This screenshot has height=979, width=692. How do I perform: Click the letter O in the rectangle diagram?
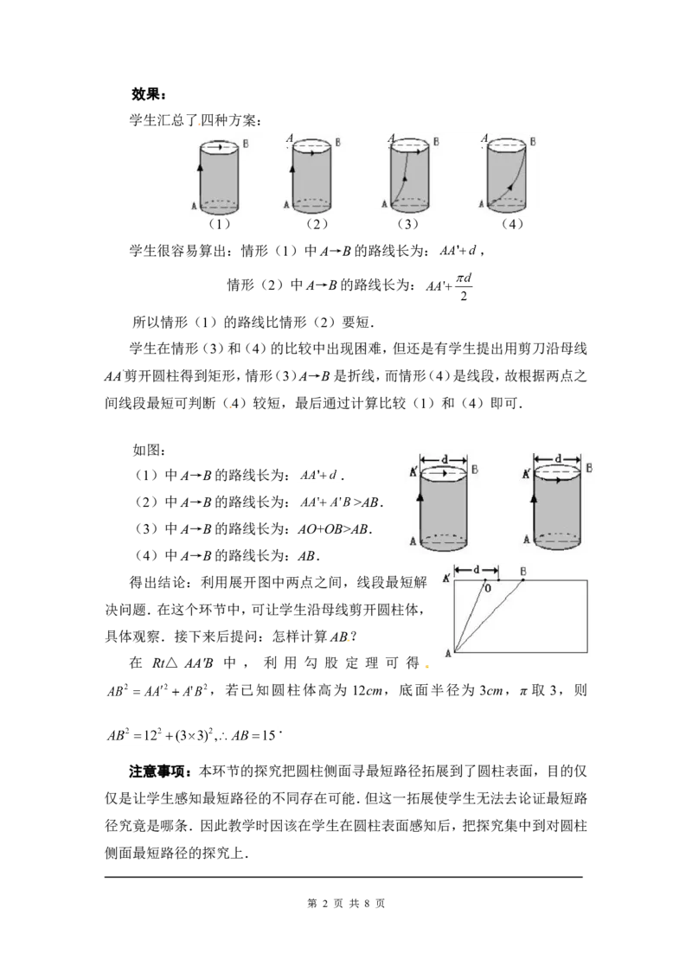coord(487,589)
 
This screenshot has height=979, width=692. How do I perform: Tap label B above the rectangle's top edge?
coord(522,571)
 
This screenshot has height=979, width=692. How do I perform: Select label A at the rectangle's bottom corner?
coord(447,654)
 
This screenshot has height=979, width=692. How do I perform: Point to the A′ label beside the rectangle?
coord(446,578)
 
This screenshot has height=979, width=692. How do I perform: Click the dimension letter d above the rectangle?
coord(476,570)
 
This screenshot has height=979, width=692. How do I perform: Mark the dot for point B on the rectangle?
coord(522,580)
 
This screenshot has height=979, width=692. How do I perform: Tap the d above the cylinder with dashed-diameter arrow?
coord(558,458)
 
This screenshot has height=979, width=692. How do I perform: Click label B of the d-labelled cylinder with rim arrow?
coord(475,471)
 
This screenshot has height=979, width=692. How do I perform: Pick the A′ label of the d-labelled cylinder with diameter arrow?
coord(526,475)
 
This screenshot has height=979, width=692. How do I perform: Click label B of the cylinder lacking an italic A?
coord(246,144)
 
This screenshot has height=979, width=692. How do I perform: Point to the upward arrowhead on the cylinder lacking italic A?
coord(200,166)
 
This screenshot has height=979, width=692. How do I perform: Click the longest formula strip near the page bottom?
coord(193,733)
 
